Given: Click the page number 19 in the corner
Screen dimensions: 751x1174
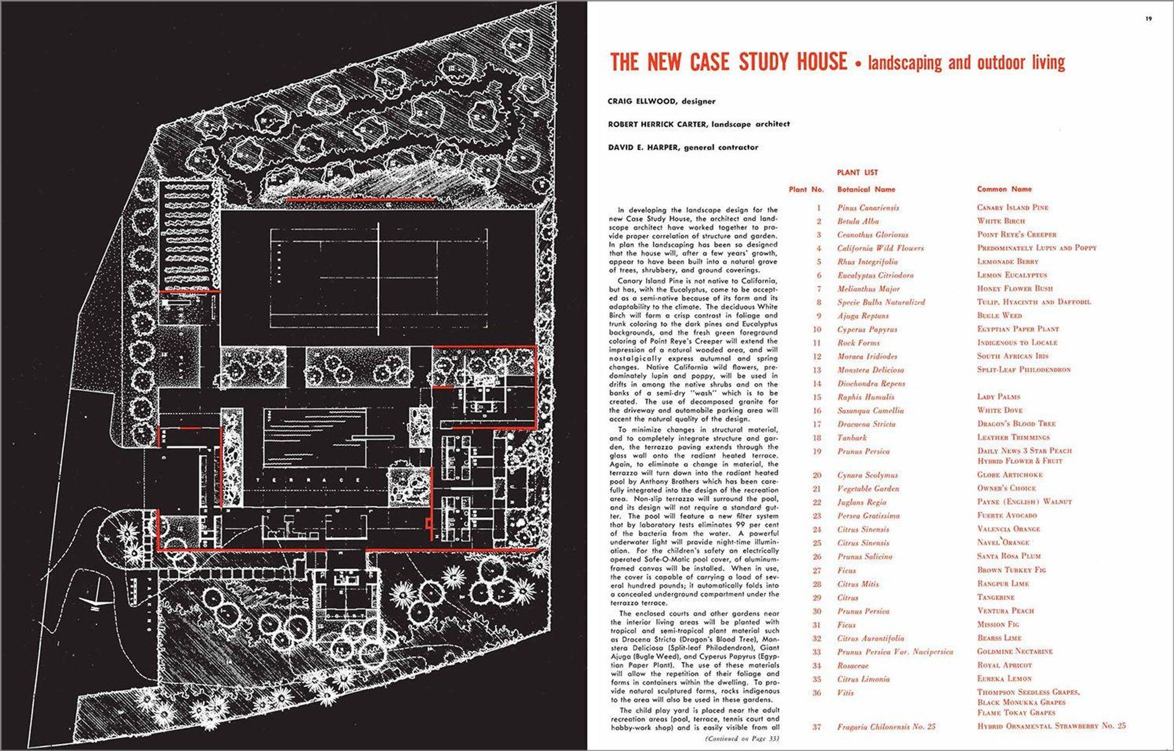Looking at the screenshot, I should click(1149, 33).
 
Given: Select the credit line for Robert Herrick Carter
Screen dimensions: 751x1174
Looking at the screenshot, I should click(698, 124).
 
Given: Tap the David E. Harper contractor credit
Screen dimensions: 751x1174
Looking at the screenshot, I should click(683, 147).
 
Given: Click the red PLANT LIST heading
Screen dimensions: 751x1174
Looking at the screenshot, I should click(857, 172).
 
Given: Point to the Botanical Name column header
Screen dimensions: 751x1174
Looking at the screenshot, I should click(866, 189).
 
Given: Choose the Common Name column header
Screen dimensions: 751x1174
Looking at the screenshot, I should click(1004, 189).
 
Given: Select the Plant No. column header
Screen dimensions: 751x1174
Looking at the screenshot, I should click(806, 189).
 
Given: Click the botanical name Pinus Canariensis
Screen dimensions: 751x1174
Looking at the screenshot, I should click(868, 208).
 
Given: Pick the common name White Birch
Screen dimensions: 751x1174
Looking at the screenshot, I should click(1001, 221).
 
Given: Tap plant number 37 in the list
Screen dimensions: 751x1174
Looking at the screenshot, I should click(817, 727).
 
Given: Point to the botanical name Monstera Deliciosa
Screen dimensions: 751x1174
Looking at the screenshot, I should click(870, 370).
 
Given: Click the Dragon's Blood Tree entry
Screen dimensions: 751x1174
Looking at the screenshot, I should click(1016, 423).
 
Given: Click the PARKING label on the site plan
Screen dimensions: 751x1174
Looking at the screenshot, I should click(148, 603).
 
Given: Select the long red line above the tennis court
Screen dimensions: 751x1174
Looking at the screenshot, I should click(360, 200).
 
